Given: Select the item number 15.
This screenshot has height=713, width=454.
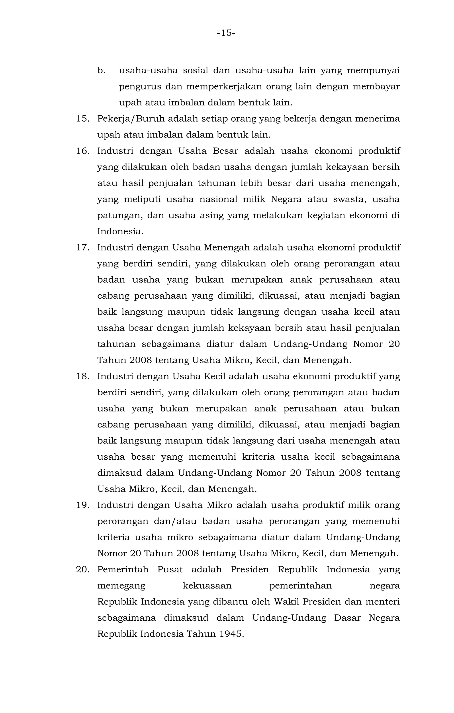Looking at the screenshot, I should [83, 119].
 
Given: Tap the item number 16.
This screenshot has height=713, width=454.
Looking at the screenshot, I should [83, 151].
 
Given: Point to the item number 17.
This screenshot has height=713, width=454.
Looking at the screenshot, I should [83, 248].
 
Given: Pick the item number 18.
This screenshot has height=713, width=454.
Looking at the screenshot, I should [83, 376].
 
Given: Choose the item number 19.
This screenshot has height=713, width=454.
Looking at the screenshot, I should [83, 505].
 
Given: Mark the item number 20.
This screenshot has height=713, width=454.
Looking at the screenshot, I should [83, 569].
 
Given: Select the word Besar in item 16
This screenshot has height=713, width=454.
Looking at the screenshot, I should [225, 151].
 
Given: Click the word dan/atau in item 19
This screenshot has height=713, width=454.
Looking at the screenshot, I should [175, 521].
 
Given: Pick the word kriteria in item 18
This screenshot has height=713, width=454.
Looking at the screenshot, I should [258, 457].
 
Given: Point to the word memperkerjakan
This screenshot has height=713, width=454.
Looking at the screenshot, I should [224, 87].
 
